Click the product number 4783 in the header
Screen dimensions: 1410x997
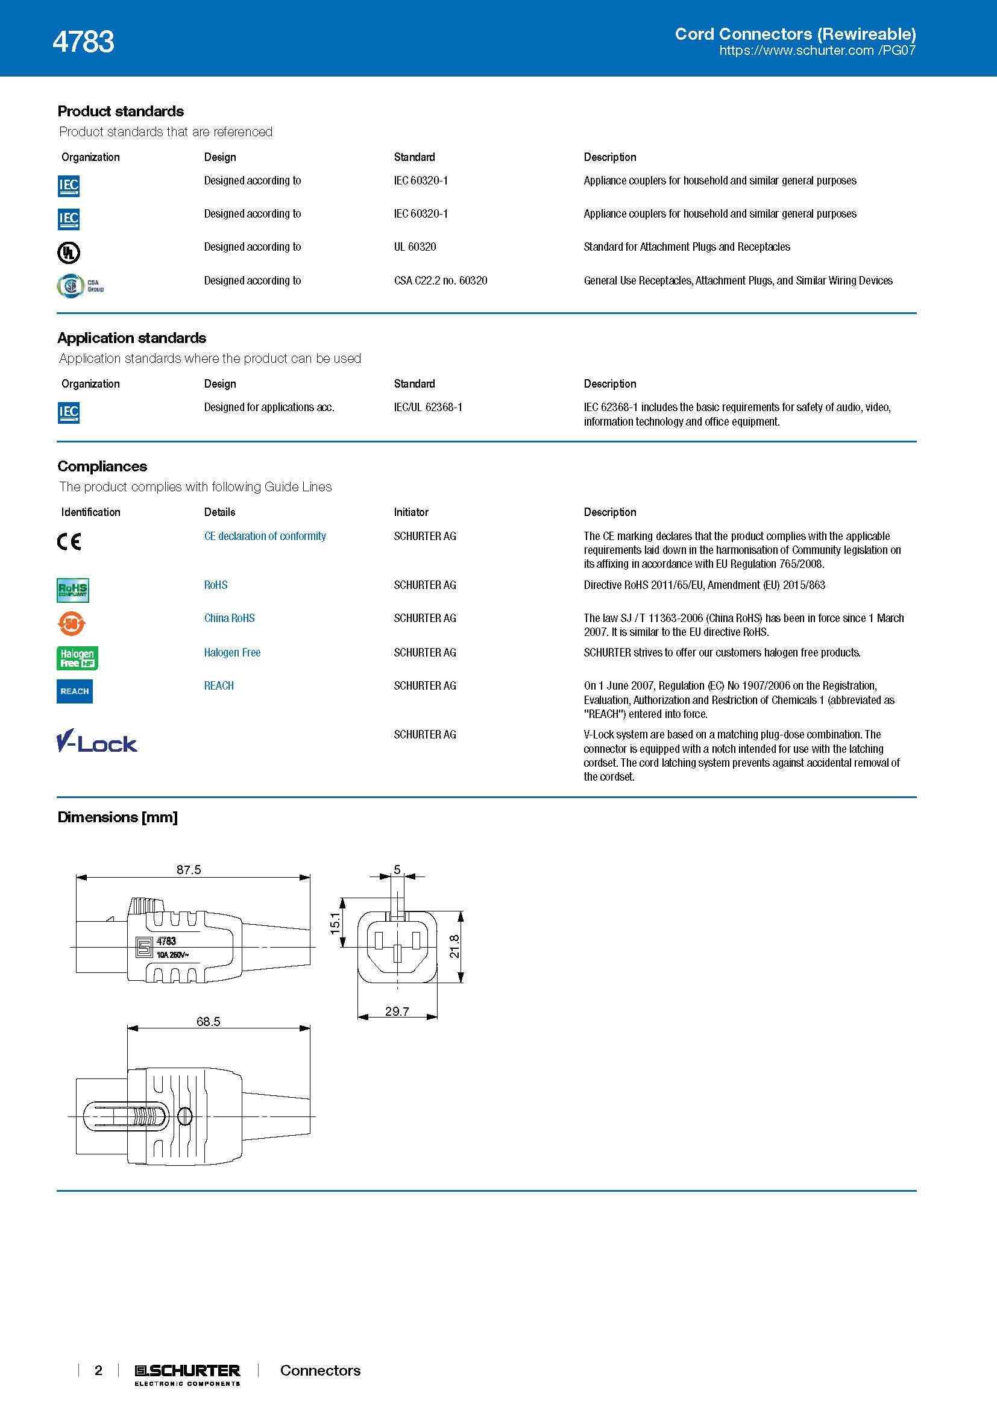[84, 42]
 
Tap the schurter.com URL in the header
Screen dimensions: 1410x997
[817, 51]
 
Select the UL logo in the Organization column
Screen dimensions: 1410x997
[68, 252]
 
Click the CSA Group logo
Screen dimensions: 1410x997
[80, 286]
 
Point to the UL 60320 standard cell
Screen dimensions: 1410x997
[415, 247]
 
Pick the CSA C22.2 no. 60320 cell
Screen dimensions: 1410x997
[440, 281]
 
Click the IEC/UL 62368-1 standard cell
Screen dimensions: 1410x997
[428, 407]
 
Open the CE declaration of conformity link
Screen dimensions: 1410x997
[265, 536]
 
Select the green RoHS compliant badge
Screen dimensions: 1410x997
[72, 590]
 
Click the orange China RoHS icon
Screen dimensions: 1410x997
[71, 624]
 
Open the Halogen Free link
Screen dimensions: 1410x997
[232, 652]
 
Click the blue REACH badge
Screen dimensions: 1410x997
[74, 691]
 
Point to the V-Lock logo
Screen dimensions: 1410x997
[96, 741]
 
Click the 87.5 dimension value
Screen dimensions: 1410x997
[189, 870]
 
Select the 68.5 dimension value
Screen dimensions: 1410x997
[208, 1021]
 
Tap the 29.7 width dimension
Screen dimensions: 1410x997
[397, 1011]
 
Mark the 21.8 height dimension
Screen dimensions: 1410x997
[454, 946]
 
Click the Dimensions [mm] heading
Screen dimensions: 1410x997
[118, 817]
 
